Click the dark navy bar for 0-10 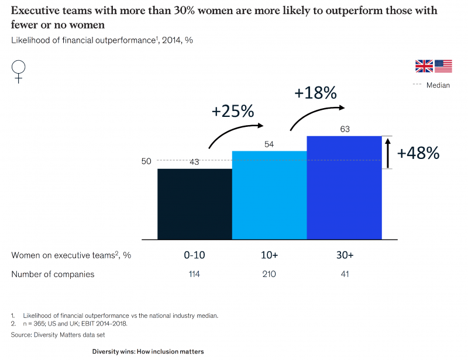194,204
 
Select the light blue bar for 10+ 269,195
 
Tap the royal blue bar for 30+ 344,188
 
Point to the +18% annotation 315,93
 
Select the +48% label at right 418,153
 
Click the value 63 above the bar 345,129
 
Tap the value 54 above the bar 269,144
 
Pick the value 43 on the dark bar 194,162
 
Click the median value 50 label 146,161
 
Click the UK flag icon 424,66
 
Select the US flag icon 443,66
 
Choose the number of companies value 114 194,274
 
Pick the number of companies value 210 269,274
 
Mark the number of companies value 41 345,274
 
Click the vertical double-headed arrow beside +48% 387,153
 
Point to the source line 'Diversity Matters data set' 51,335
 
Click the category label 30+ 345,256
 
